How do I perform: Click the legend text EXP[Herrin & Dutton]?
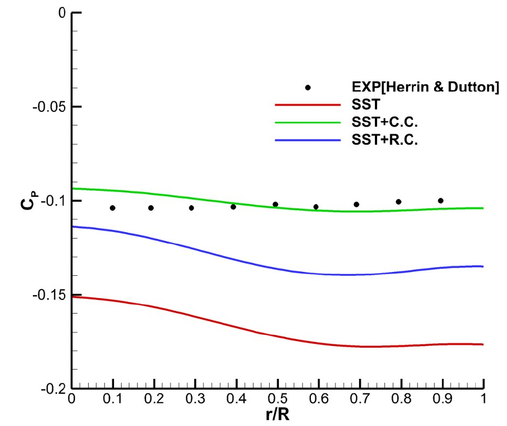click(425, 88)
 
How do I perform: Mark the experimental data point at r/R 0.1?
click(112, 208)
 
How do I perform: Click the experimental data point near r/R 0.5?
click(275, 205)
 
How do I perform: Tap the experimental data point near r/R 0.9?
click(440, 201)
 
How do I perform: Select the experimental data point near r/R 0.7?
click(356, 205)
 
